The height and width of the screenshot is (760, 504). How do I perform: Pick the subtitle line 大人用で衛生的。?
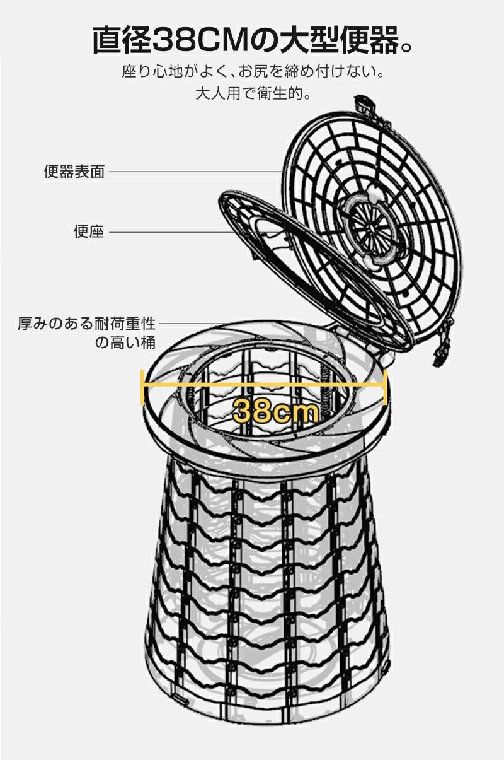[252, 95]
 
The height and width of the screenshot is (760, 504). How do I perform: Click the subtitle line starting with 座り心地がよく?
[252, 71]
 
